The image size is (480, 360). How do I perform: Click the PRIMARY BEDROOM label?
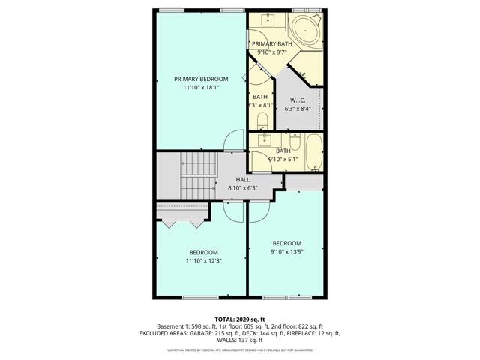pos(201,78)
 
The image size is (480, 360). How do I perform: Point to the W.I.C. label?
pos(298,99)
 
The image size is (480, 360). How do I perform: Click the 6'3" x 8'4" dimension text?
pos(298,109)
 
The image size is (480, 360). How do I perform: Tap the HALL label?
pos(242,180)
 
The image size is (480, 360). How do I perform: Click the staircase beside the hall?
pos(198,174)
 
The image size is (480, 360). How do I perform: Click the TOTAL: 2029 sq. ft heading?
pos(240,319)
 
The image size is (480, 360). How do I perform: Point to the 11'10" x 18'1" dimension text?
pos(201,88)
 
